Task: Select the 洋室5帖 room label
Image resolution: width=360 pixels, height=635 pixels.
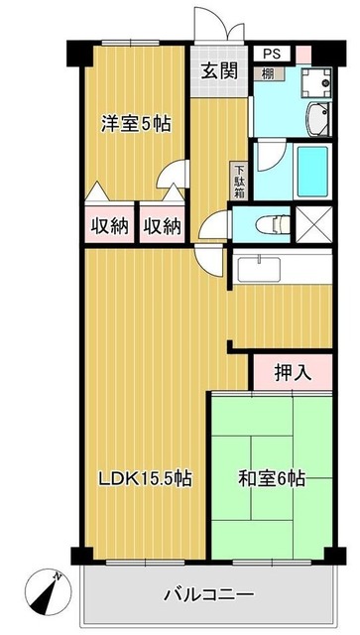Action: click(x=135, y=124)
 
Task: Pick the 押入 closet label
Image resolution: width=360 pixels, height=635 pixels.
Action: click(x=293, y=373)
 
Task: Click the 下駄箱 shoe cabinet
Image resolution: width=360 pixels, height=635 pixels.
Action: click(x=239, y=182)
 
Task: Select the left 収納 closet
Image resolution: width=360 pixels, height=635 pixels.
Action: click(x=111, y=226)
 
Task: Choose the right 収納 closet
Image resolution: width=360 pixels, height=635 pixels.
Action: click(x=159, y=226)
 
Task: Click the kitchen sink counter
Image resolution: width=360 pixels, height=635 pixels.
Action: click(x=283, y=267)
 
